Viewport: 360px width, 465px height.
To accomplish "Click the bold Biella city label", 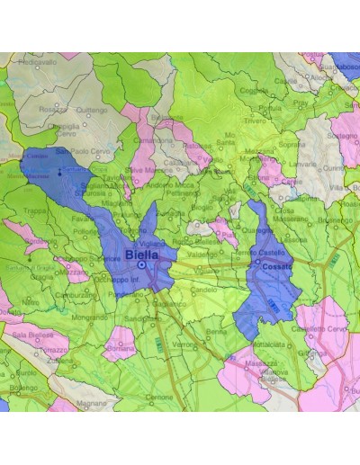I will (x=141, y=255).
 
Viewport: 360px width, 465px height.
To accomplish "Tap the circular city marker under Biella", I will (x=141, y=265).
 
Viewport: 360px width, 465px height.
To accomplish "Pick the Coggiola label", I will (x=255, y=89).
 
